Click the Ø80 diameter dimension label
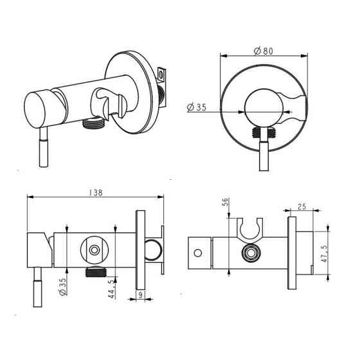264,51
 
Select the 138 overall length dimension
96,193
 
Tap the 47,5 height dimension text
325,253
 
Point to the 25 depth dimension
302,206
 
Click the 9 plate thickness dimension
141,295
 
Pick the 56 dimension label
225,202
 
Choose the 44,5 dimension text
112,289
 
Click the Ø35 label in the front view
197,107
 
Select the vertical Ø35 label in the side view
62,286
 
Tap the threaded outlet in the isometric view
93,123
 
